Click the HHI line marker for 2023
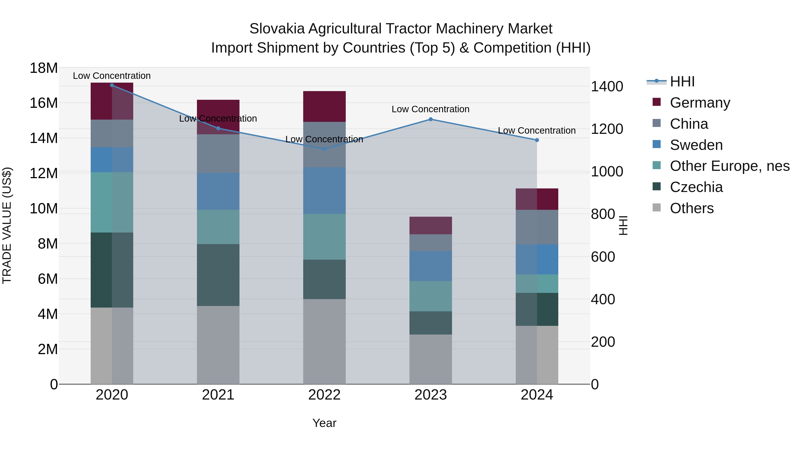point(431,119)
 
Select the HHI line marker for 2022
point(324,149)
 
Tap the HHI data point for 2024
point(537,140)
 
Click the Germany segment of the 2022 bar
point(324,106)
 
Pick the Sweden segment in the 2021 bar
point(218,191)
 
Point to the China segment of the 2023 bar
point(431,243)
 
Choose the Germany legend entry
point(700,103)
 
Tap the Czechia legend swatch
point(656,186)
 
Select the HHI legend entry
point(682,82)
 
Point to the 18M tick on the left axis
point(44,68)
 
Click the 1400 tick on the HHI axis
point(607,87)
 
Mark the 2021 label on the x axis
point(218,395)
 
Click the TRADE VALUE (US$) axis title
point(7,225)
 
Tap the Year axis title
point(324,423)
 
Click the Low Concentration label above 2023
point(431,109)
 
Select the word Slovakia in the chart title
point(277,29)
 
